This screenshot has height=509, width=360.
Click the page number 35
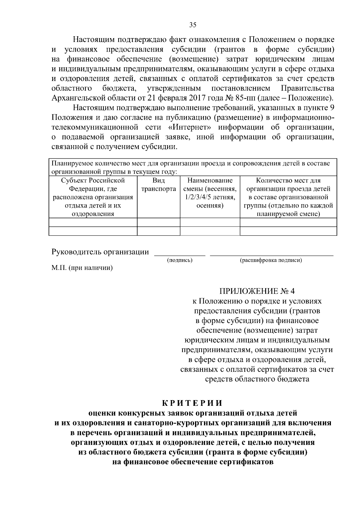point(193,25)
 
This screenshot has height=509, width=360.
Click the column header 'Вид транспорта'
point(158,185)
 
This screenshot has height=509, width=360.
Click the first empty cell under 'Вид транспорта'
point(158,222)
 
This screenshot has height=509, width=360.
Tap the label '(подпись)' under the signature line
point(180,260)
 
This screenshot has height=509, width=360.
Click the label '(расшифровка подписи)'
point(271,260)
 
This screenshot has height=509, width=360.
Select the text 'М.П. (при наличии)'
point(82,268)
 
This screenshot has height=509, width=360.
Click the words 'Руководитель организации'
point(100,252)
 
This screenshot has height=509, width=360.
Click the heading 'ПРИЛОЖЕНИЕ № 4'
point(257,291)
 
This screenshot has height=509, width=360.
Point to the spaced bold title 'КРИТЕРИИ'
point(193,403)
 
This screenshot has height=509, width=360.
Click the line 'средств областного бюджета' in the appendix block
point(257,379)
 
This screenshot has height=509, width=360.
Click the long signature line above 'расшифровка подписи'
point(271,255)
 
